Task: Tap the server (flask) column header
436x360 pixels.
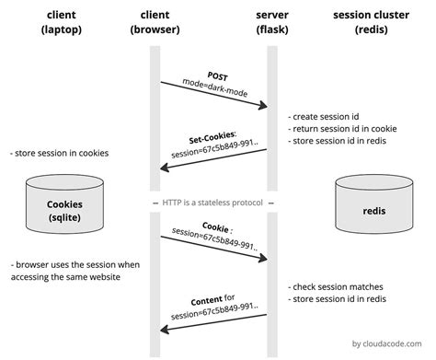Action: pos(271,24)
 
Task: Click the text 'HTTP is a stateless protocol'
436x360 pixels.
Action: pos(212,202)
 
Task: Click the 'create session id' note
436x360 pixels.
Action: pos(325,118)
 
